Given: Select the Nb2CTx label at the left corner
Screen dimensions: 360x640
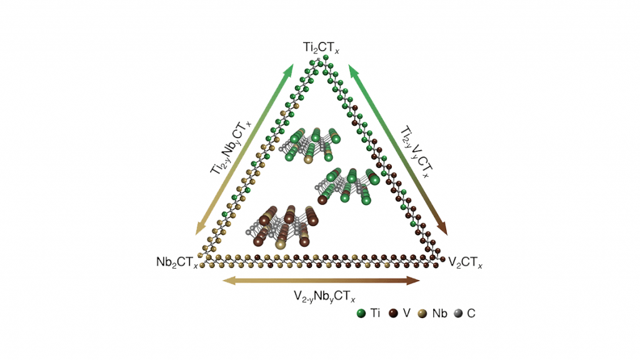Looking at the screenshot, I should [177, 261].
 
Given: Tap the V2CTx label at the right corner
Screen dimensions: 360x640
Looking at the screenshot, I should [466, 261].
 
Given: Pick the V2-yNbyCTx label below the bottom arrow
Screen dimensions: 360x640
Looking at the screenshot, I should [320, 296].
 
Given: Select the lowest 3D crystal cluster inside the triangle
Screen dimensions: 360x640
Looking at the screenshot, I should [281, 225].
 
